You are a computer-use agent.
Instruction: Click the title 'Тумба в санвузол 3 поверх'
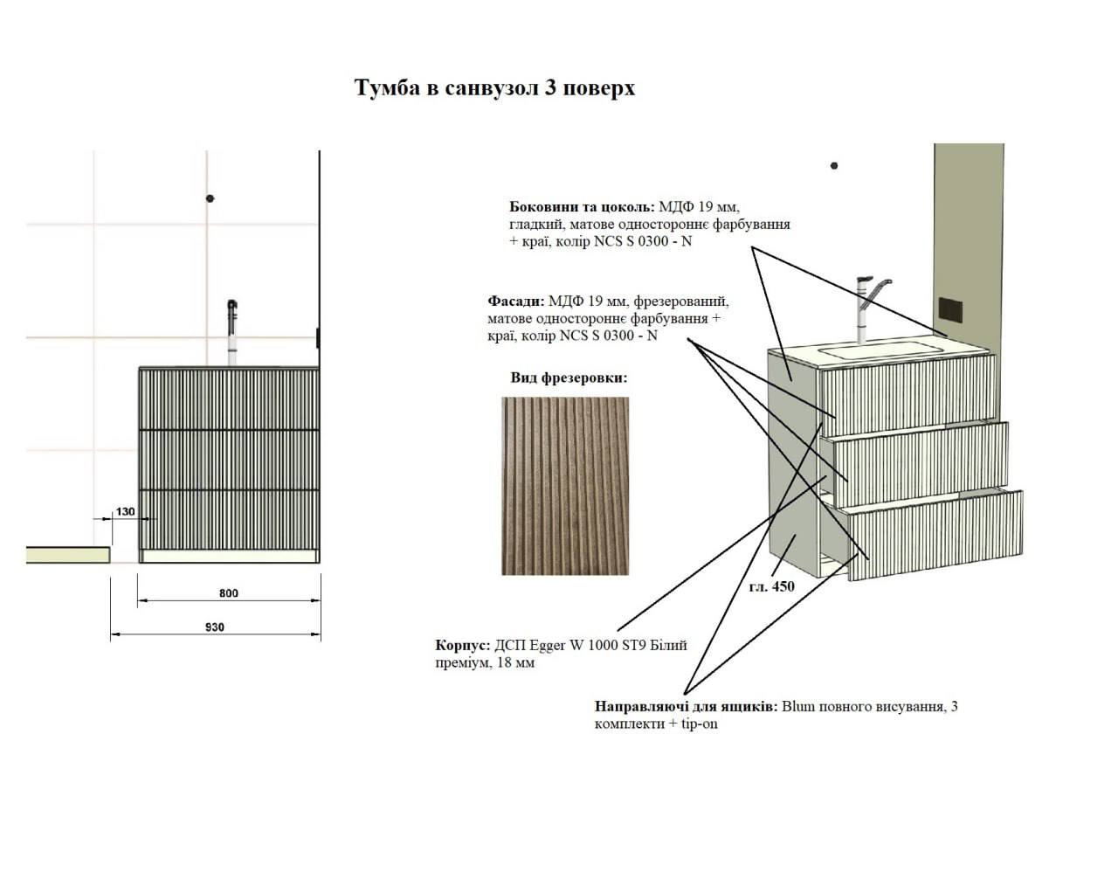point(494,88)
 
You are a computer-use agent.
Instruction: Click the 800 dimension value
point(229,593)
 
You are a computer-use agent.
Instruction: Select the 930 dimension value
point(215,627)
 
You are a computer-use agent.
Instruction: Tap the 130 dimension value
point(125,511)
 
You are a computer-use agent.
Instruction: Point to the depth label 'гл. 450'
point(772,586)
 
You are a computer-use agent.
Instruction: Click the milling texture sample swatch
point(565,486)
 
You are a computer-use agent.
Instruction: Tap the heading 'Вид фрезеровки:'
point(569,378)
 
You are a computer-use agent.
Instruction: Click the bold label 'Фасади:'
point(516,301)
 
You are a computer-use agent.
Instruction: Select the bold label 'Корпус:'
point(463,646)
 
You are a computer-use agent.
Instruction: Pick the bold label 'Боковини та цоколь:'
point(582,207)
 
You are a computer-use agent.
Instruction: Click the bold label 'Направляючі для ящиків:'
point(686,706)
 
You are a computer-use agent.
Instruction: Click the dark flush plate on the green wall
point(950,311)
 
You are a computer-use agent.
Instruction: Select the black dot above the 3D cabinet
point(834,166)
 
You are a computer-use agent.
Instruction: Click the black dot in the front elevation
point(210,198)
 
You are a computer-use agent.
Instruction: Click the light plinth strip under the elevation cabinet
point(230,556)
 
